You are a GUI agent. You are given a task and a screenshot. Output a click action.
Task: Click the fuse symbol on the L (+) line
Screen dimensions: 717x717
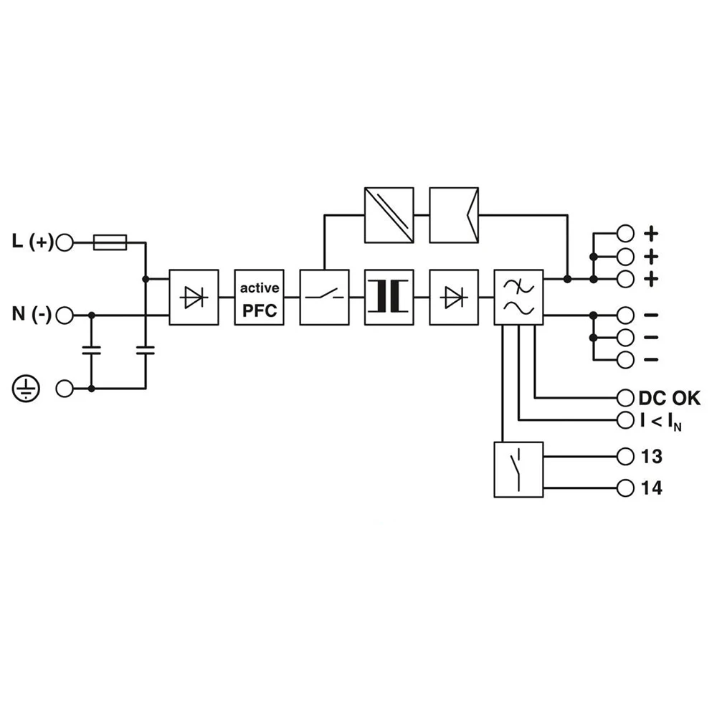pyautogui.click(x=110, y=242)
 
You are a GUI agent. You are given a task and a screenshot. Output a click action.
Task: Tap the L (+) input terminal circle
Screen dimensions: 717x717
pyautogui.click(x=65, y=242)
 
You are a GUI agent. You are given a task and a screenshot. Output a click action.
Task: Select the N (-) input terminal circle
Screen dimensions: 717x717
pyautogui.click(x=65, y=315)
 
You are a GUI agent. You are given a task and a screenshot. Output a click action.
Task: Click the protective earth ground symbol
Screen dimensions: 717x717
pyautogui.click(x=26, y=388)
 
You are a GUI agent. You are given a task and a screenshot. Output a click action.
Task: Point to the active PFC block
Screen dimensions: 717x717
pyautogui.click(x=260, y=298)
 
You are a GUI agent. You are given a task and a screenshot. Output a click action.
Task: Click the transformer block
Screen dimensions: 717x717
pyautogui.click(x=389, y=298)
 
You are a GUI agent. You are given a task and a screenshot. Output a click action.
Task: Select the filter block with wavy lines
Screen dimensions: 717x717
pyautogui.click(x=518, y=298)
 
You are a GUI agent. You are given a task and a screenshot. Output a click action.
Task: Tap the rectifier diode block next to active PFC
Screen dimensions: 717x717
pyautogui.click(x=194, y=298)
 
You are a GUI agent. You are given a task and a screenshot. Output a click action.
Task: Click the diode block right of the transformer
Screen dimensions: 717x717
pyautogui.click(x=454, y=298)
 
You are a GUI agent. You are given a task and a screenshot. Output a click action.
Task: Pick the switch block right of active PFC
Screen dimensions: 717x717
pyautogui.click(x=324, y=298)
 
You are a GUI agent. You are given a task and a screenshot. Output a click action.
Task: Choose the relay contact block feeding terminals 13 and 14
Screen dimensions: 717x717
pyautogui.click(x=518, y=470)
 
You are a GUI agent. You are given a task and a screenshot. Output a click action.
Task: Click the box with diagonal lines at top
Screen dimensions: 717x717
pyautogui.click(x=389, y=215)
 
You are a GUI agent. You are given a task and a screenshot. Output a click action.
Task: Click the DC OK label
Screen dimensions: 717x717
pyautogui.click(x=670, y=398)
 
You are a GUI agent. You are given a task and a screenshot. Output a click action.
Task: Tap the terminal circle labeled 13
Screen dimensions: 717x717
pyautogui.click(x=625, y=456)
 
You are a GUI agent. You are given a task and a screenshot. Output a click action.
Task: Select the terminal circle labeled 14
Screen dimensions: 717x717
pyautogui.click(x=625, y=488)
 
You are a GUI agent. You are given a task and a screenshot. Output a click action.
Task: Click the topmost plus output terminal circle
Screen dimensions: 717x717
pyautogui.click(x=625, y=234)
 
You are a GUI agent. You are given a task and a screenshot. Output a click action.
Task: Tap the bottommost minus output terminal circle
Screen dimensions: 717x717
pyautogui.click(x=625, y=359)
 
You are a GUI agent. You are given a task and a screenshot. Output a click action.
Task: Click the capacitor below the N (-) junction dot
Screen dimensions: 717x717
pyautogui.click(x=92, y=351)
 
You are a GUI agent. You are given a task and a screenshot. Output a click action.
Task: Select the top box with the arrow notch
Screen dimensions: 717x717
pyautogui.click(x=454, y=215)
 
